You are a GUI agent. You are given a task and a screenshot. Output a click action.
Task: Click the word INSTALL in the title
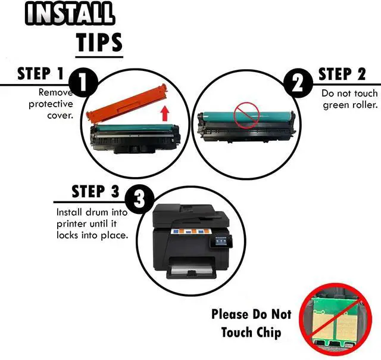(x=70, y=13)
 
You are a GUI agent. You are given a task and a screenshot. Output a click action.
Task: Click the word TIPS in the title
(x=99, y=42)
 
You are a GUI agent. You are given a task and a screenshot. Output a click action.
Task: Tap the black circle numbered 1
(x=83, y=83)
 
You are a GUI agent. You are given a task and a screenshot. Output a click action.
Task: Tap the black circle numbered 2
(x=299, y=83)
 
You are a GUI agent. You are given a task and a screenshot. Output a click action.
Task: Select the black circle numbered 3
(x=139, y=200)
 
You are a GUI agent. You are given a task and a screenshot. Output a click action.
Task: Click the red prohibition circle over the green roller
(x=246, y=115)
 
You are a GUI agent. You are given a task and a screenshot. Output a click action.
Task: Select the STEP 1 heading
(x=40, y=74)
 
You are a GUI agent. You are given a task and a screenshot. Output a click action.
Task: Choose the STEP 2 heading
(x=342, y=74)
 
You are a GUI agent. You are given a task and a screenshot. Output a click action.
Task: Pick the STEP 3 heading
(x=95, y=191)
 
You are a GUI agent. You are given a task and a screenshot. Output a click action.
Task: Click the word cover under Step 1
(x=60, y=115)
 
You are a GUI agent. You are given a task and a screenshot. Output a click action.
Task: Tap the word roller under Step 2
(x=366, y=105)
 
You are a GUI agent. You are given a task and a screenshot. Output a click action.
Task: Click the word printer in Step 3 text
(x=72, y=224)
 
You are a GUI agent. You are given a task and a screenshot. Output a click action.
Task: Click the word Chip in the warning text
(x=269, y=333)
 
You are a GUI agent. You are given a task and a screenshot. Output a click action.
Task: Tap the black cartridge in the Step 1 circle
(x=135, y=138)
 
